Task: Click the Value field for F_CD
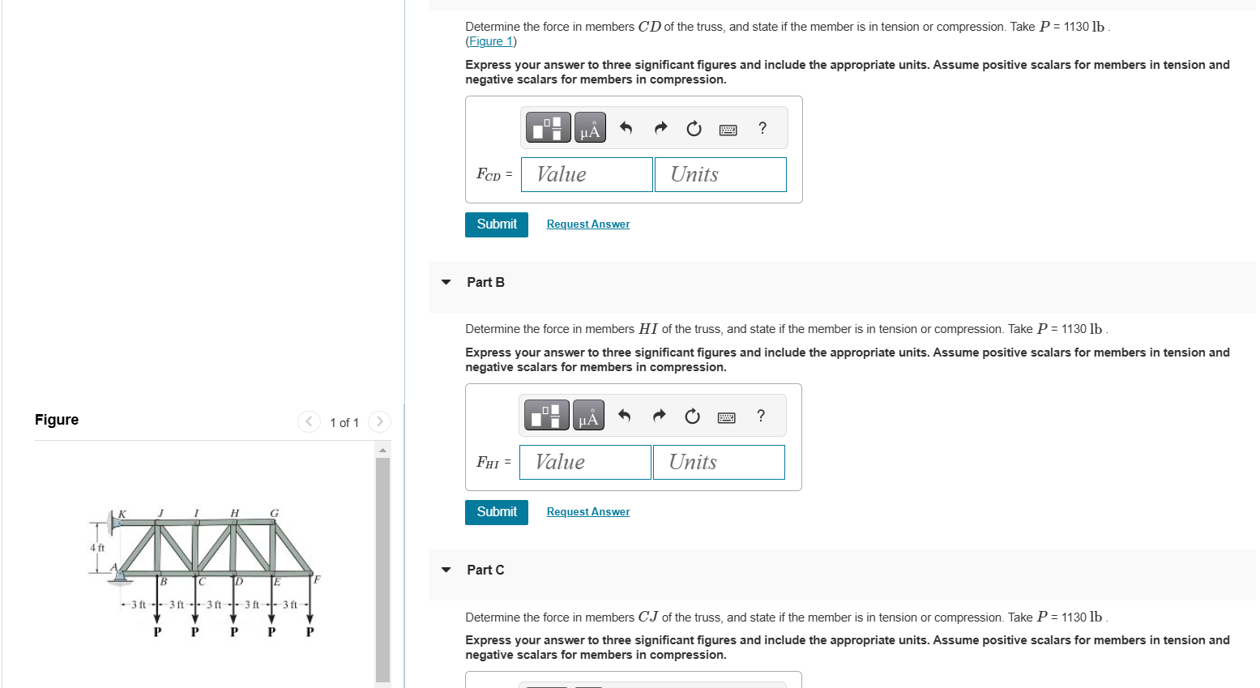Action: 587,174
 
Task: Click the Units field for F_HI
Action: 719,462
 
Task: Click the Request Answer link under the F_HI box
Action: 587,511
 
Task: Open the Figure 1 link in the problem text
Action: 491,41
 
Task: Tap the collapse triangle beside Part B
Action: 446,282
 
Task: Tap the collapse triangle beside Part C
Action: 446,570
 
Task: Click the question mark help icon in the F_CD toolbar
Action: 762,128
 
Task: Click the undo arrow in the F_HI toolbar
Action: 624,416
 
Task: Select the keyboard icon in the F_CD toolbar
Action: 728,129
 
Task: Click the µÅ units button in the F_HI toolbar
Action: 588,416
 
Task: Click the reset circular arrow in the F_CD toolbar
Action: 694,129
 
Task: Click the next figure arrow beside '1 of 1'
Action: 379,421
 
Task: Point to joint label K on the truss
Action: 122,514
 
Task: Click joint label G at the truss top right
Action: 274,513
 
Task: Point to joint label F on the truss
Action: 317,579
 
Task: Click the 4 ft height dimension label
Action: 97,548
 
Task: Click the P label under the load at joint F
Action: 310,632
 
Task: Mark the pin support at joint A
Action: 121,576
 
